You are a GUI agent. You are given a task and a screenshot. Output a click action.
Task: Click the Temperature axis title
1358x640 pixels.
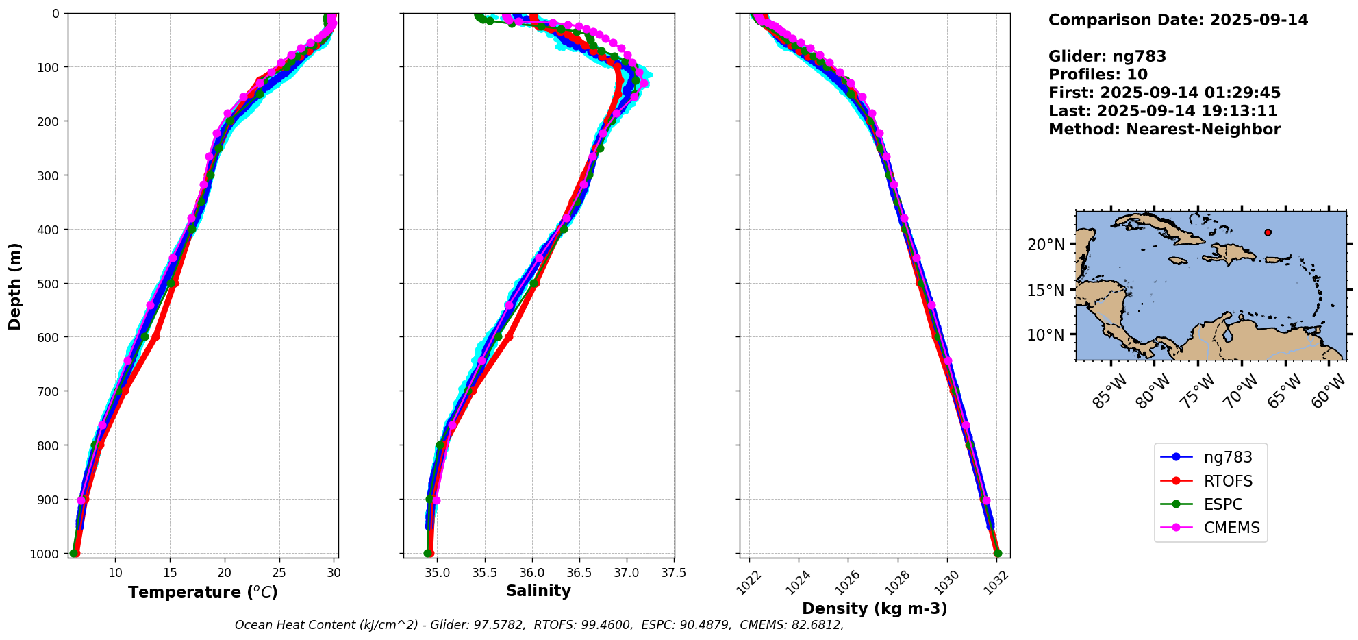203,592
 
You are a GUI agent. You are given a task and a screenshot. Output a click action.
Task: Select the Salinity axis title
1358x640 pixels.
538,591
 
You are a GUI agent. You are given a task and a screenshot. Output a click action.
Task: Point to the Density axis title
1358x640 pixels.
875,608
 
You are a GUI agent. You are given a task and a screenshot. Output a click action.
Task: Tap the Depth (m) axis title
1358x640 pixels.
15,286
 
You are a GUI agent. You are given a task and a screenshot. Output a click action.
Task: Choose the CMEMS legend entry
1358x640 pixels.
1231,528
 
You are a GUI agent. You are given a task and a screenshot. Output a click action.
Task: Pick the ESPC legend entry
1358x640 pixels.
1222,504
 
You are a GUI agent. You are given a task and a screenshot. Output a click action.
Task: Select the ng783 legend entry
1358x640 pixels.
1227,457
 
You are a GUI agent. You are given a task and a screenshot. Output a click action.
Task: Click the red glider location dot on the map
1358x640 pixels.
1268,232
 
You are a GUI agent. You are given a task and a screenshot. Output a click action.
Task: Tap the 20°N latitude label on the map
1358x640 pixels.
1046,245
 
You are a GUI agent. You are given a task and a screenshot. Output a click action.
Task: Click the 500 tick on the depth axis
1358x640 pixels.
47,283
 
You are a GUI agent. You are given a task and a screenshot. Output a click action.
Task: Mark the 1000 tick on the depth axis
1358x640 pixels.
45,554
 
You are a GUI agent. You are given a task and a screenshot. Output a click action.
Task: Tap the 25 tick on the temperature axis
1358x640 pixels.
279,572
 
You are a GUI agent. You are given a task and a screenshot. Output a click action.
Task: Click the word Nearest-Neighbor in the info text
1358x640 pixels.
1203,130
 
